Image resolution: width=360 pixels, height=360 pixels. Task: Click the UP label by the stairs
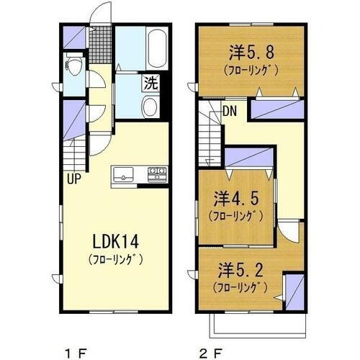tap(75, 177)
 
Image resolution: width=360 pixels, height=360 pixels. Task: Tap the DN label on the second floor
tap(230, 112)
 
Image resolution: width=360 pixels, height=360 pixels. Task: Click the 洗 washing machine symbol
tap(152, 82)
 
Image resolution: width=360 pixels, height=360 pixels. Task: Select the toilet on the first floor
tap(73, 66)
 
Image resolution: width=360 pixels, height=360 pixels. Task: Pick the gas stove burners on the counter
tap(158, 173)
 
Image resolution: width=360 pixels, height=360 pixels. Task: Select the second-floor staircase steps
tap(210, 127)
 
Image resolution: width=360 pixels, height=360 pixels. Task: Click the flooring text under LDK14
tap(115, 258)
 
